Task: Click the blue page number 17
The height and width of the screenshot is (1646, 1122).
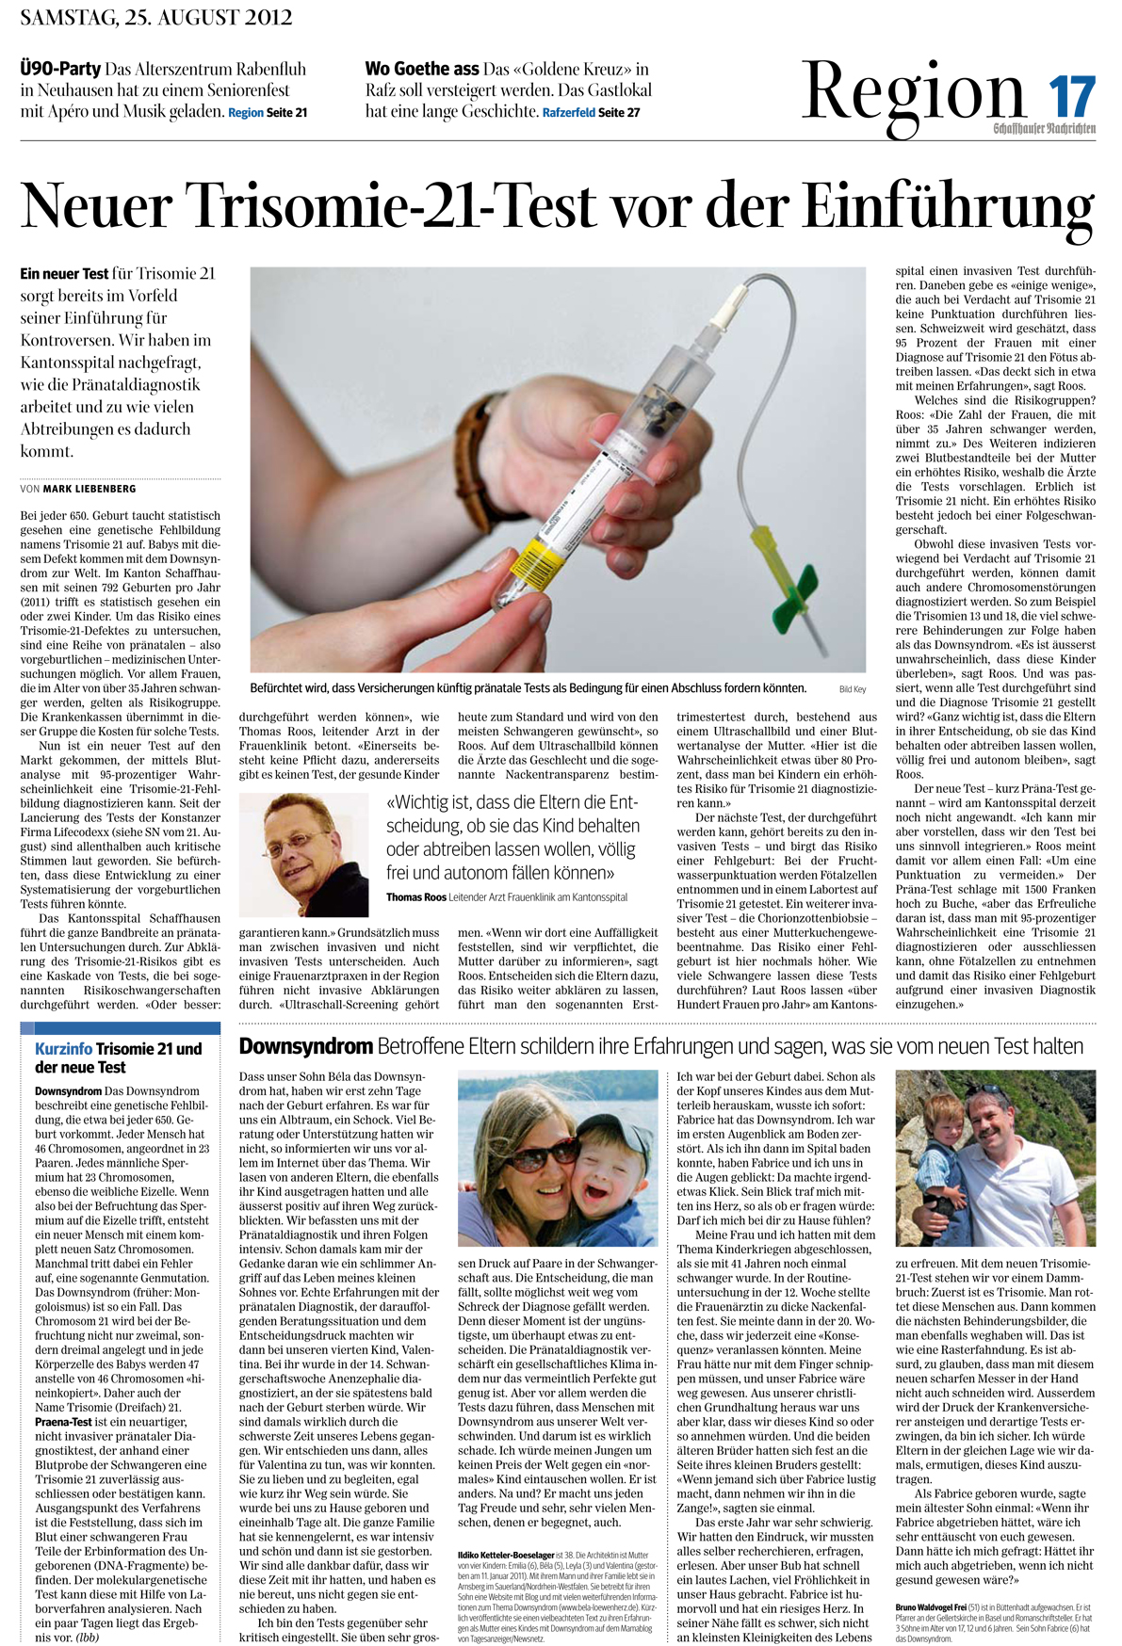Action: coord(1072,96)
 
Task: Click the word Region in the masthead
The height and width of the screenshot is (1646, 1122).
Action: coord(913,91)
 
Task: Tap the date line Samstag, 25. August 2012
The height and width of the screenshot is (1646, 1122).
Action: coord(155,17)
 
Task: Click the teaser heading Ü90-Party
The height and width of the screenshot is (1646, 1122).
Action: coord(60,69)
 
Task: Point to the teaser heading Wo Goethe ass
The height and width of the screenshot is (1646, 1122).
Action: coord(421,69)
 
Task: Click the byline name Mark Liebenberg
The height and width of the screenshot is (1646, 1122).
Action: coord(89,489)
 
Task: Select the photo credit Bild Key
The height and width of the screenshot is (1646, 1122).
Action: coord(852,689)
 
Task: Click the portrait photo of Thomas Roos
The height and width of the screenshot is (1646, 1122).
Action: coord(304,855)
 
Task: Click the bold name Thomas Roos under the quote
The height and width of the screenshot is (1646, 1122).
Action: coord(415,897)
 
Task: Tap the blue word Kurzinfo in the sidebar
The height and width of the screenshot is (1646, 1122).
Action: coord(63,1049)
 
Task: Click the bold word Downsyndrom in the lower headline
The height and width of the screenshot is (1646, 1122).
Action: coord(305,1046)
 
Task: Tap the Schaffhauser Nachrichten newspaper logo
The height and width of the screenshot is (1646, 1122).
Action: coord(1043,128)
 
